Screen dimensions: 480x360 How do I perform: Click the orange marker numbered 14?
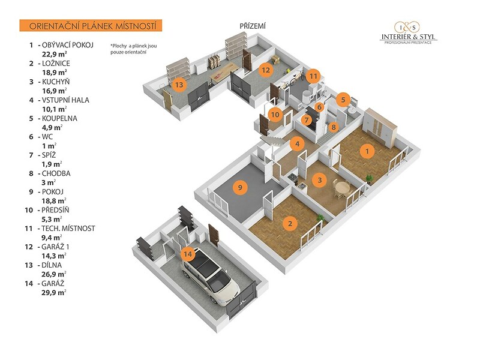(188, 254)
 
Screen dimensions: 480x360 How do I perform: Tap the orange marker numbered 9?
(240, 187)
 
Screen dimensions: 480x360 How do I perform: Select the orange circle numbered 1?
(367, 151)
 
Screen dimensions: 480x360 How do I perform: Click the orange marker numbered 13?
(179, 84)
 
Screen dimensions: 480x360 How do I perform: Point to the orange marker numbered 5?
(343, 100)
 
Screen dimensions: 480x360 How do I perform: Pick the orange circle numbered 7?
(307, 119)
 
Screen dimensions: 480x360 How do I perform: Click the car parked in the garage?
(210, 278)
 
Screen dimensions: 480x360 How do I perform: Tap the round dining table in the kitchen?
(341, 187)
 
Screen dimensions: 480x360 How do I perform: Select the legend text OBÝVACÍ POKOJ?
(68, 45)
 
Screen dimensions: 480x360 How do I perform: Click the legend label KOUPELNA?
(59, 118)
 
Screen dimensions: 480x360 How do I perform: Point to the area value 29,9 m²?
(54, 292)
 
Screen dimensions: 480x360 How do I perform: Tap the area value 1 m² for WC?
(49, 146)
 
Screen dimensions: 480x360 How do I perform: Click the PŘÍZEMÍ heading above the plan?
(253, 26)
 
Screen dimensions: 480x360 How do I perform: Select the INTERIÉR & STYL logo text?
(409, 37)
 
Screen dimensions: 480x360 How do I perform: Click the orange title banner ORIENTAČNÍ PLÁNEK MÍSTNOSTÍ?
(91, 26)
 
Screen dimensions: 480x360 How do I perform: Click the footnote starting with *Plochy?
(134, 49)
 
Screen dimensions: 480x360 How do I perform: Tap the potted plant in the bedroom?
(320, 218)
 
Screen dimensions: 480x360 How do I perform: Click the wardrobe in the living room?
(380, 127)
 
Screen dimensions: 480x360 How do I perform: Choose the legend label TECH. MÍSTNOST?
(68, 229)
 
